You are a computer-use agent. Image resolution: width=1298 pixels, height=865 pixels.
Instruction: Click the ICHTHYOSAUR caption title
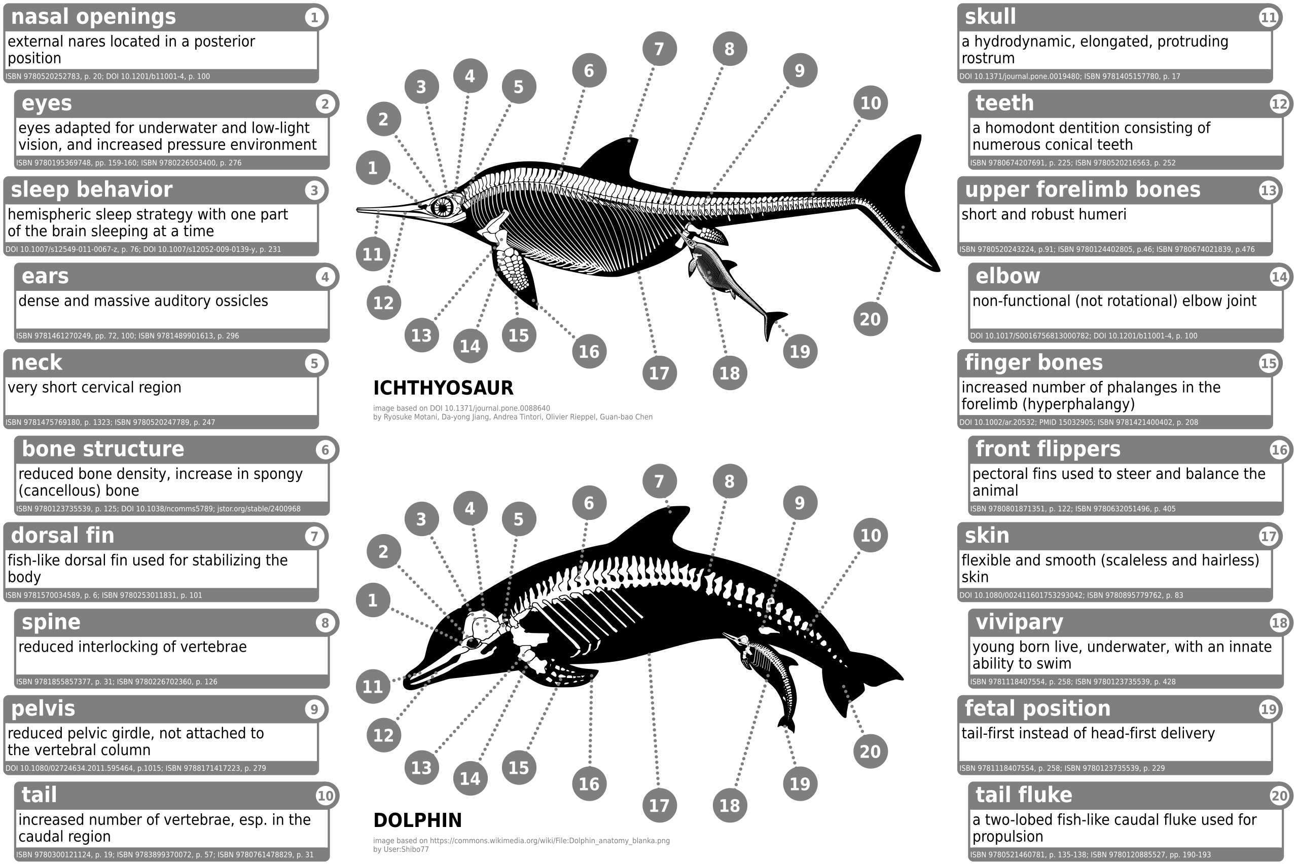click(443, 388)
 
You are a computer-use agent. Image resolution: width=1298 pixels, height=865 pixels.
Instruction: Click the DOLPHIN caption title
click(417, 820)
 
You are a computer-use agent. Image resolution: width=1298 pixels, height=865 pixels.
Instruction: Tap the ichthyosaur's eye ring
click(442, 207)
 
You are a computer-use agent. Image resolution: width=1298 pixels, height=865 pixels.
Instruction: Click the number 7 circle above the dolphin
click(659, 481)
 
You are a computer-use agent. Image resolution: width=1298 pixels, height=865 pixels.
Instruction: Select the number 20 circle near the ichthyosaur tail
click(870, 318)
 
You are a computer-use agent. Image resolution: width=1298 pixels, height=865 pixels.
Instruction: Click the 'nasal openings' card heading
click(93, 17)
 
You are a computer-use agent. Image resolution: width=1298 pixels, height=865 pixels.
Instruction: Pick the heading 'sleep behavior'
click(92, 190)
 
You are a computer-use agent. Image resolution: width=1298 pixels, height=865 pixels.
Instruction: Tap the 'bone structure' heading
click(102, 449)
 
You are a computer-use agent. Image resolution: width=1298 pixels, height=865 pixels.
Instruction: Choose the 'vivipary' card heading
click(1019, 622)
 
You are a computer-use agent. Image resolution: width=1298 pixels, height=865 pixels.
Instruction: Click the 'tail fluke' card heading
click(1024, 795)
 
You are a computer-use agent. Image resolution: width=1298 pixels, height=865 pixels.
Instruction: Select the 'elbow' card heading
click(1007, 276)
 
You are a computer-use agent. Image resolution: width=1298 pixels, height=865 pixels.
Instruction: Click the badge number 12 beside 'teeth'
click(1279, 104)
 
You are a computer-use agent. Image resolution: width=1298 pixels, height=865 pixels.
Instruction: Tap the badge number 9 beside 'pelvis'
click(314, 709)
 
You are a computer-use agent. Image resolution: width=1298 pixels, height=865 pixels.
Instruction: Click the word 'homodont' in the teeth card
click(1021, 128)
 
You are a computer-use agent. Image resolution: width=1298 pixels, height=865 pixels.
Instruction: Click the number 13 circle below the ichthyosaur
click(421, 335)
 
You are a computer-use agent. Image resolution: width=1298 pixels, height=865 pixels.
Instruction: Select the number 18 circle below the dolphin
click(729, 805)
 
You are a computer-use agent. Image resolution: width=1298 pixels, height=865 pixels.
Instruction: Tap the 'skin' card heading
click(987, 536)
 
